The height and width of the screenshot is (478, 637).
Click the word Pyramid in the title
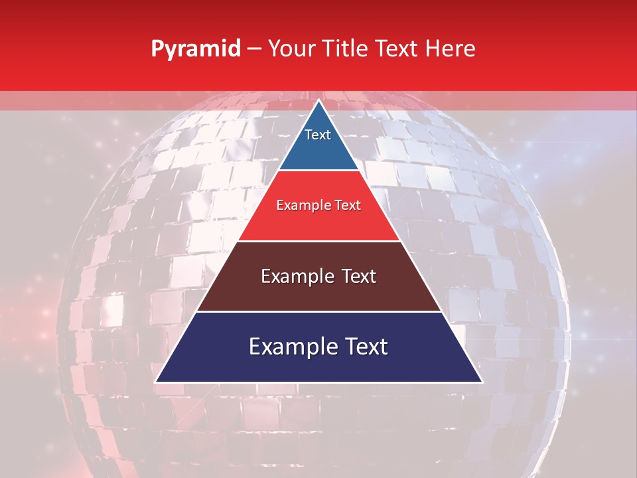tap(195, 49)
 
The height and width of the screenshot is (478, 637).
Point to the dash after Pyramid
tap(254, 50)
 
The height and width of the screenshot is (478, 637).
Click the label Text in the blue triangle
tap(318, 135)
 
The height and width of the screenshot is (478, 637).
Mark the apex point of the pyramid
tap(318, 101)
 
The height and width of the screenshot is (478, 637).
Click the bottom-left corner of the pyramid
tap(156, 382)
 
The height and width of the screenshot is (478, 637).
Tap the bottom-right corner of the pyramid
tap(482, 382)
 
